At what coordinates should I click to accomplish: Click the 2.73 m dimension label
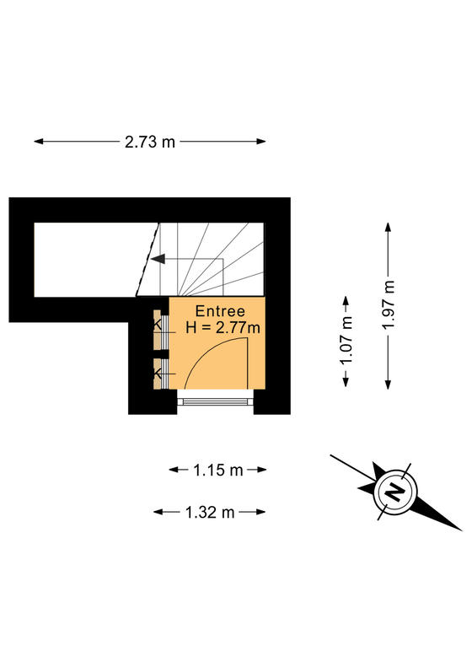click(150, 142)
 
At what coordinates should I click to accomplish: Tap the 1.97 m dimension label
click(389, 304)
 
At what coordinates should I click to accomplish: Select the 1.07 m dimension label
click(346, 341)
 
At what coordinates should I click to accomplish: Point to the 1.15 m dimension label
click(217, 470)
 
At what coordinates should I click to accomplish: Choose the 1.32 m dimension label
click(210, 512)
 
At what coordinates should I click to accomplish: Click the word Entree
click(220, 311)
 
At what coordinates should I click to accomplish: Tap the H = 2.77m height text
click(223, 327)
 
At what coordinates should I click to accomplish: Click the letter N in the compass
click(395, 492)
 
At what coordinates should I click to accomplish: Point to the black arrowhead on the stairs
click(158, 259)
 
